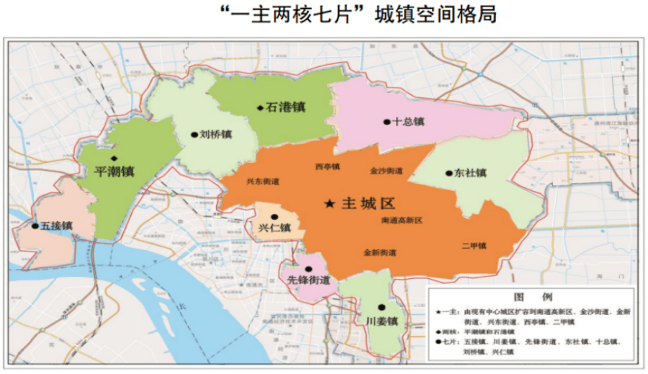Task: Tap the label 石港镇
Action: coord(286,107)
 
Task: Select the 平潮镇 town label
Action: coord(114,172)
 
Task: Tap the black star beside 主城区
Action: coord(329,205)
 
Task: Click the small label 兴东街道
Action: coord(262,182)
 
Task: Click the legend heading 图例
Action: coord(532,297)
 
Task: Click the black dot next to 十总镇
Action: coord(387,122)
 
